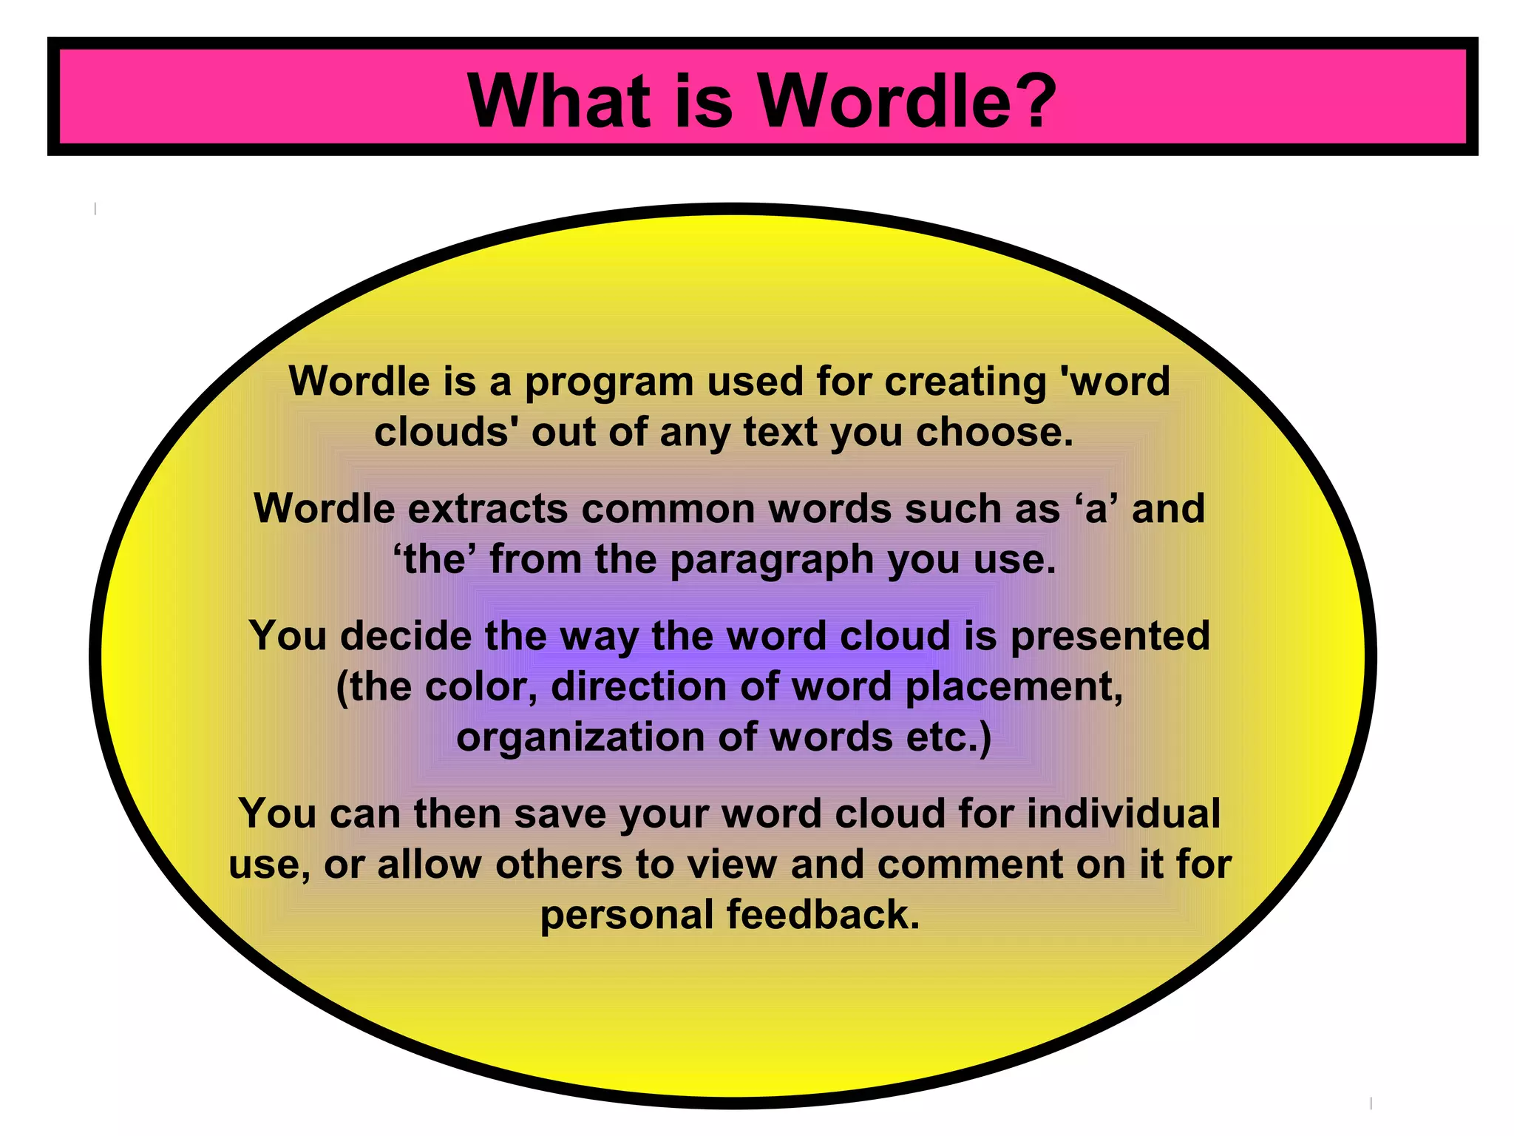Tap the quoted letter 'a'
point(1096,509)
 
